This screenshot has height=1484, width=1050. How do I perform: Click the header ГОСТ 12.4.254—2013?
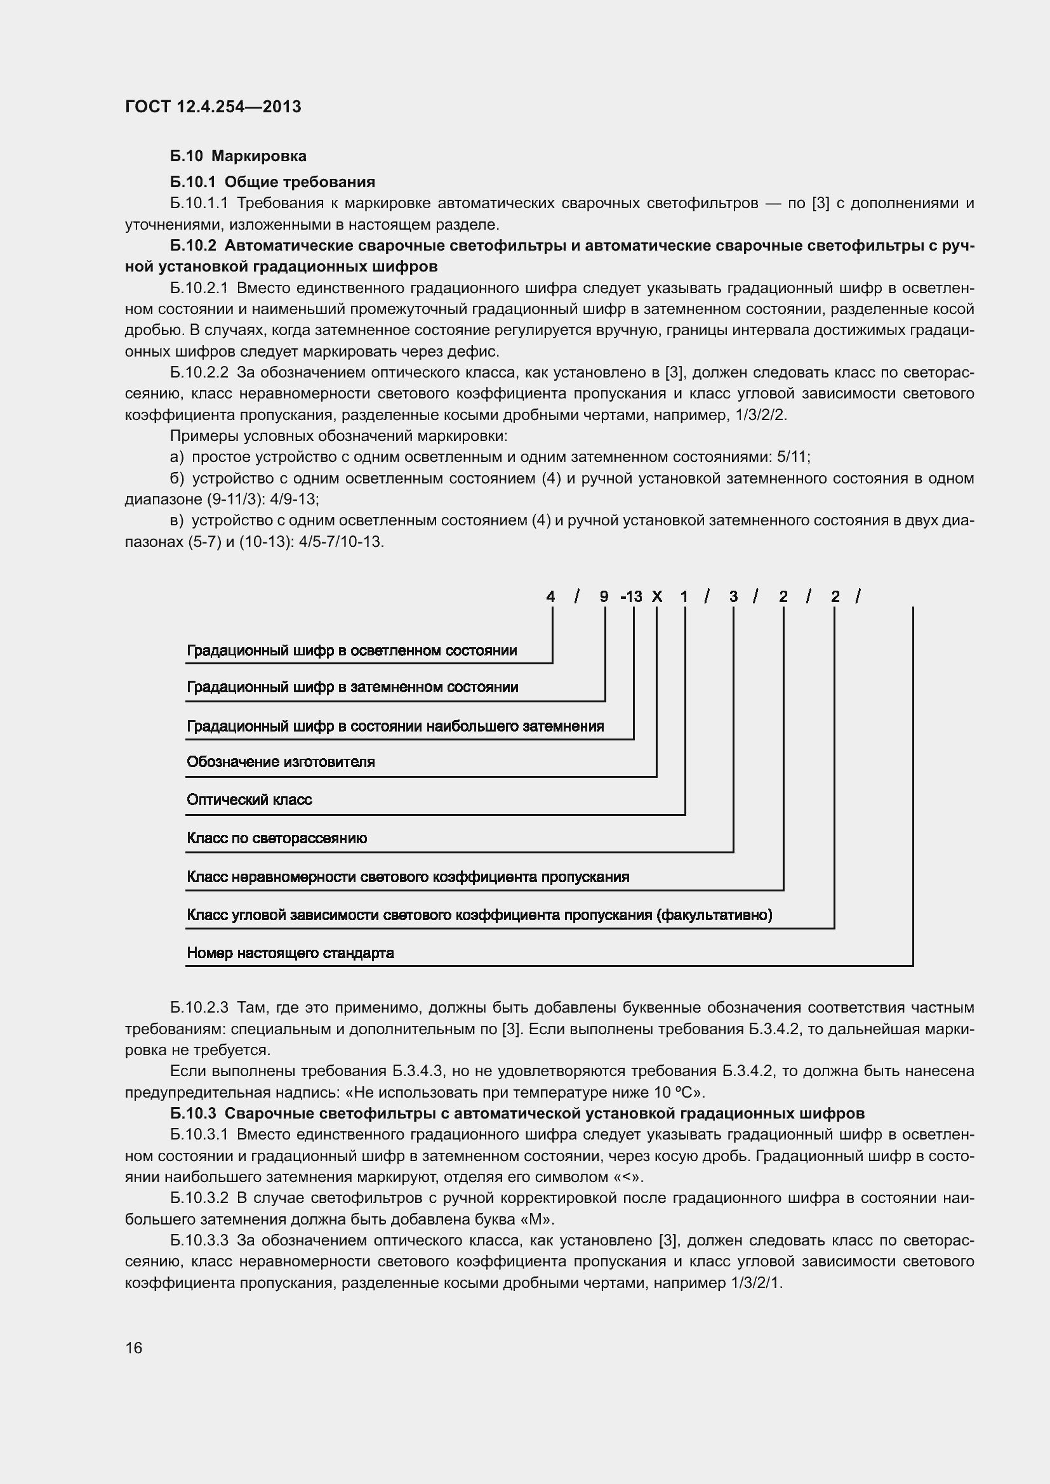point(213,107)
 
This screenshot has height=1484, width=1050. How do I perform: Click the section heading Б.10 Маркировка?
point(238,156)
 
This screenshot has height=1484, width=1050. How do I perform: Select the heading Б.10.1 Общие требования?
point(272,181)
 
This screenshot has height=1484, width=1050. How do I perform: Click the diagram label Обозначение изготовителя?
point(281,762)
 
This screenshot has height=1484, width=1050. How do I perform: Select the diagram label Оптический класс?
point(249,800)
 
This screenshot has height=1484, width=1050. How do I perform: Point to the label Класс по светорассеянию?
point(277,838)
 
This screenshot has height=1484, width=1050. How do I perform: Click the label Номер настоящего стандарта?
point(290,953)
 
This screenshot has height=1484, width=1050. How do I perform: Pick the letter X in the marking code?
point(657,596)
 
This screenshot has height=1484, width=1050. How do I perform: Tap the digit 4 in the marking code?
point(550,596)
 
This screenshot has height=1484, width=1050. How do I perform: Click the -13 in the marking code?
point(631,596)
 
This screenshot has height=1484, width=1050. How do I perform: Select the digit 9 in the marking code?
point(604,596)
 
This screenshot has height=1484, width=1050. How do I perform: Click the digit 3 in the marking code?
point(733,596)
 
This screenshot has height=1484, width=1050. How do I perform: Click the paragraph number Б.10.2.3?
point(199,1008)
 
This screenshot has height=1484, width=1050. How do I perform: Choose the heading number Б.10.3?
point(194,1113)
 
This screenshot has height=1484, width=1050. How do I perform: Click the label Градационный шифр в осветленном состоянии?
point(352,651)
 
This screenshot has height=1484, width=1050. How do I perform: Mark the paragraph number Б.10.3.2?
point(199,1198)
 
